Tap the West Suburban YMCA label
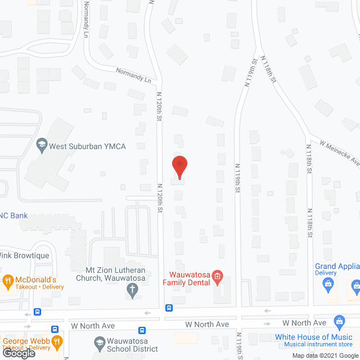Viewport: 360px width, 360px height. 87,146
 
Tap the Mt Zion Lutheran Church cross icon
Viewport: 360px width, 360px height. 132,291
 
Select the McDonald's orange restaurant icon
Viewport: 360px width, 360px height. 8,280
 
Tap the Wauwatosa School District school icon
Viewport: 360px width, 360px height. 99,342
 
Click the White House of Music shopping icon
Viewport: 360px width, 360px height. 339,322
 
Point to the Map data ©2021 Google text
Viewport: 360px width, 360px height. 325,355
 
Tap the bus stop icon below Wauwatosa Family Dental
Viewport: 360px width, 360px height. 169,308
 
